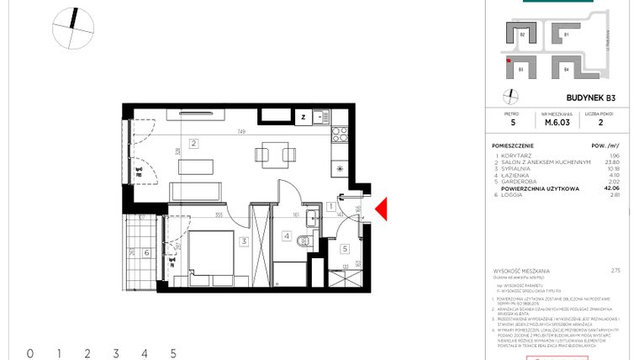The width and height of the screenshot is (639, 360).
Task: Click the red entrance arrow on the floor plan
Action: coord(381,211)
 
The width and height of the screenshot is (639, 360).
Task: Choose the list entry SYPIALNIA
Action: coord(518,169)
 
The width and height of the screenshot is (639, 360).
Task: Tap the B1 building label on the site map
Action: coord(567,34)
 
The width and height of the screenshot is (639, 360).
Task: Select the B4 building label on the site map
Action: coord(567,68)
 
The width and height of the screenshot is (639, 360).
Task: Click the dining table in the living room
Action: coord(276,153)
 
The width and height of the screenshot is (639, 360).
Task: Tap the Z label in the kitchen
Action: coord(304,117)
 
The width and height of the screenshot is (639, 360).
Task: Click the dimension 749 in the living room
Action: coord(241,131)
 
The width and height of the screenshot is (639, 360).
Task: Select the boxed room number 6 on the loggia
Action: coord(147,251)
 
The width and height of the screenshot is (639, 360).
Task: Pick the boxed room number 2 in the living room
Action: coord(193,143)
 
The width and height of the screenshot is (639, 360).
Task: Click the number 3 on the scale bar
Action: coord(116,353)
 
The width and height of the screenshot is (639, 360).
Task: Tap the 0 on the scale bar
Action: coord(30,353)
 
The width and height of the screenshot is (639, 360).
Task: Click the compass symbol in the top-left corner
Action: coord(72,28)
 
